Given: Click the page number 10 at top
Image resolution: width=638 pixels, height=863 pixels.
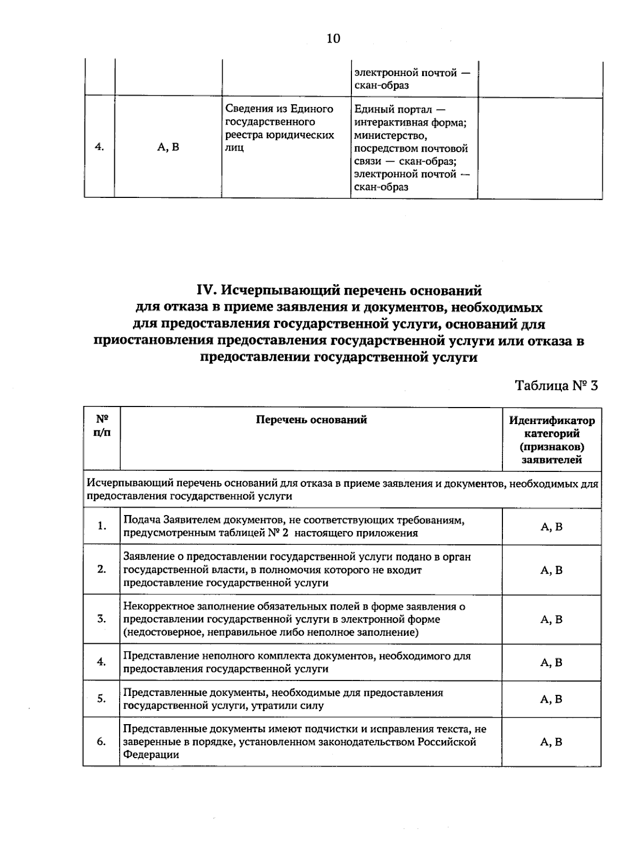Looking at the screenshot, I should click(x=333, y=39).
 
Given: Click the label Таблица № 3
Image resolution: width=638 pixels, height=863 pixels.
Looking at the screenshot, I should click(x=556, y=386).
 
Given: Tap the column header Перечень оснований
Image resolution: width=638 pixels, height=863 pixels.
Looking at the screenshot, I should click(x=312, y=420).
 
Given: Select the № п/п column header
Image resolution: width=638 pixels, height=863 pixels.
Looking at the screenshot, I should click(x=102, y=426).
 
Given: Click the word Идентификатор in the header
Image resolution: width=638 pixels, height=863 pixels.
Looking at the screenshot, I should click(x=552, y=421).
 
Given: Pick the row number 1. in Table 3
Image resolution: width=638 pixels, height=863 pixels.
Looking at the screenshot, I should click(x=102, y=526).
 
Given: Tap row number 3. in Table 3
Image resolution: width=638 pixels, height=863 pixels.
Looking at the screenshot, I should click(x=102, y=619).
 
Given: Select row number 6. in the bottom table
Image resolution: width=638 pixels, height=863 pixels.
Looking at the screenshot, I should click(x=102, y=742).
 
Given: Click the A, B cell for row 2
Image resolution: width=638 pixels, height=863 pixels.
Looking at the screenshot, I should click(x=551, y=570).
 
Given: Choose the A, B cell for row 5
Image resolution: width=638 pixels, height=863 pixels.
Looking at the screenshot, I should click(x=551, y=699).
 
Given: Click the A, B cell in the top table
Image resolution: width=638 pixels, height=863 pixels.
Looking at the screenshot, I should click(x=168, y=147).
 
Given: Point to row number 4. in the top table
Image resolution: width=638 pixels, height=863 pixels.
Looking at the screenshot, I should click(x=99, y=147).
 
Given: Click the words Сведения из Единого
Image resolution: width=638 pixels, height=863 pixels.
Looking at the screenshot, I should click(x=280, y=109).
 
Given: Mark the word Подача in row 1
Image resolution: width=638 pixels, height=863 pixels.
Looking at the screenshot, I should click(x=141, y=520).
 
